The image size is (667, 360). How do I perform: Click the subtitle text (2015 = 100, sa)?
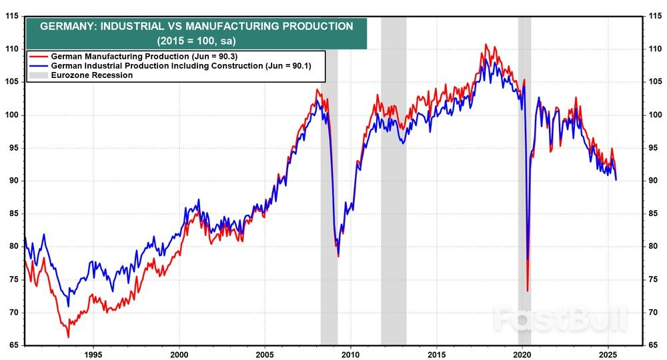tap(196, 41)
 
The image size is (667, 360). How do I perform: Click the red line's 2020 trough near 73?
tap(528, 291)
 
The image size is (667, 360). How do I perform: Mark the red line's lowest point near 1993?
tap(68, 337)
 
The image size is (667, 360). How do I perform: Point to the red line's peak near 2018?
tap(486, 45)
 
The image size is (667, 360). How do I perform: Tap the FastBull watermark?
tap(560, 319)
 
